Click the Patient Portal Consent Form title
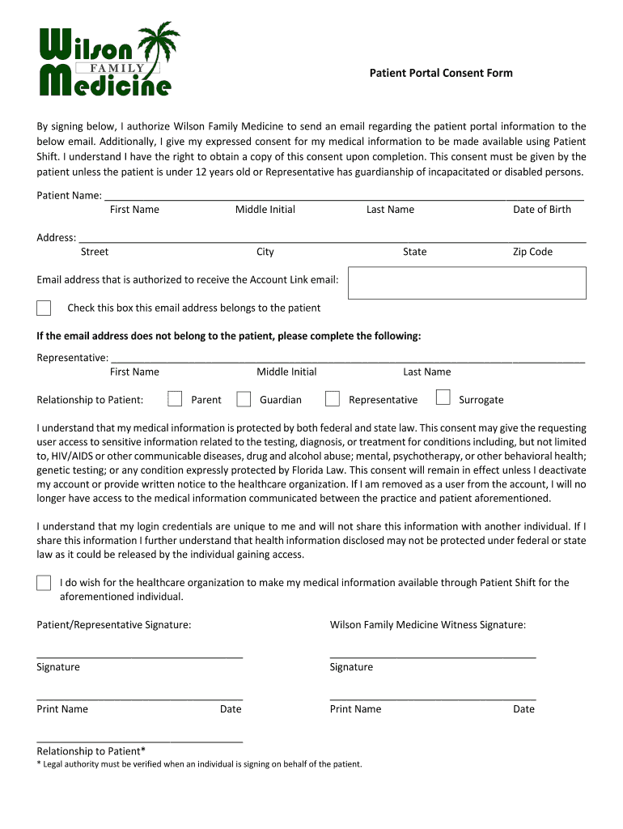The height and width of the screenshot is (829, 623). pos(441,73)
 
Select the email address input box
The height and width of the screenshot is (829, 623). pos(467,283)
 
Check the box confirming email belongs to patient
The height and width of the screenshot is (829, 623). pos(44,308)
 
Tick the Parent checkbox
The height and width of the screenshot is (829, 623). pos(175,398)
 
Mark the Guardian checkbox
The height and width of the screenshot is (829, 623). pos(244,398)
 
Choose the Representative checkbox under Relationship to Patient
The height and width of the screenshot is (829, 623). pos(332,398)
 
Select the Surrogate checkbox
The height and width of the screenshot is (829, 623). pos(443,397)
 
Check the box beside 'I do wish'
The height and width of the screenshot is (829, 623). pos(44,584)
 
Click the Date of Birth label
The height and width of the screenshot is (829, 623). pos(541,210)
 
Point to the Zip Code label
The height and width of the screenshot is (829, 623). pos(532,252)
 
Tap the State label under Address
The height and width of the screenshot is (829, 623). pos(414,252)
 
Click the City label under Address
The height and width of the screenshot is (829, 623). pos(265,252)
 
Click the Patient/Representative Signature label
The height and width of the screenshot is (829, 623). pos(114,625)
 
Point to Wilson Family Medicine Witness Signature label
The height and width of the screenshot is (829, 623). pos(427,625)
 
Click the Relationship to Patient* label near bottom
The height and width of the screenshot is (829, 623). pos(91,751)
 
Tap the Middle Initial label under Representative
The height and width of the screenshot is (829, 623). pos(286,372)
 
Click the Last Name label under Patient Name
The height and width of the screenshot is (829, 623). pos(390,210)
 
